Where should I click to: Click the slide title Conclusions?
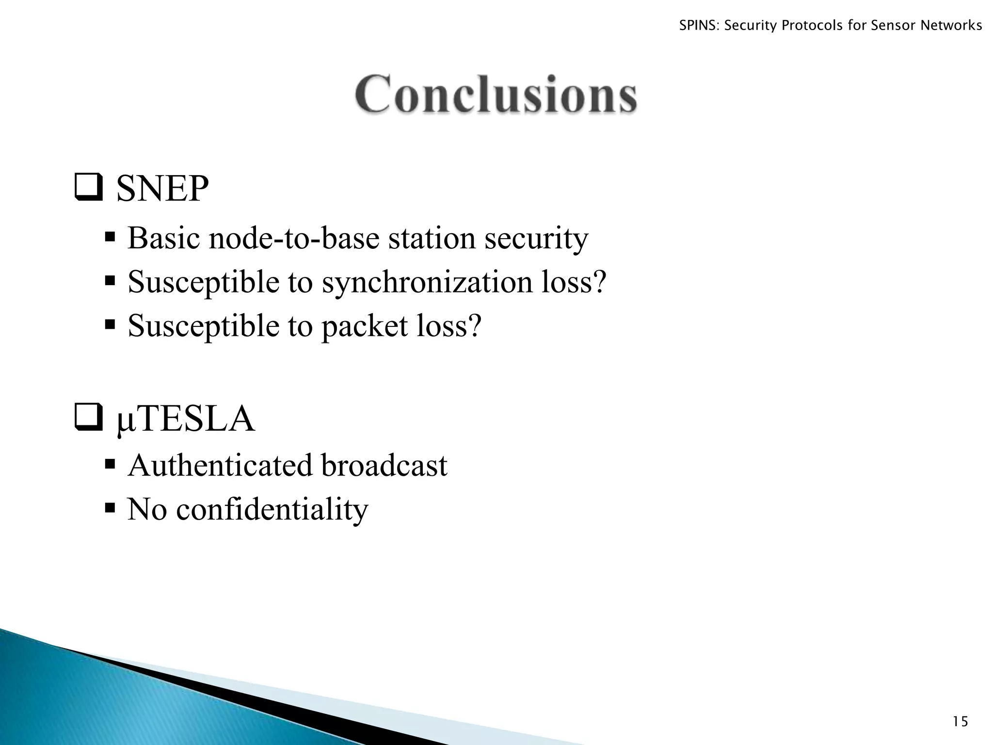pyautogui.click(x=496, y=94)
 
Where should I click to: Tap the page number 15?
pyautogui.click(x=960, y=722)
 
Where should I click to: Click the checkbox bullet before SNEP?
pyautogui.click(x=88, y=188)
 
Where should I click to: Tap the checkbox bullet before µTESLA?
pyautogui.click(x=88, y=419)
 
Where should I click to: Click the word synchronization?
pyautogui.click(x=427, y=282)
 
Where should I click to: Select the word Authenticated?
pyautogui.click(x=220, y=466)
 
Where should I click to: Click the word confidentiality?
pyautogui.click(x=272, y=509)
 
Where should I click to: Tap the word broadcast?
pyautogui.click(x=384, y=466)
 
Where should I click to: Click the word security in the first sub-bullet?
pyautogui.click(x=536, y=239)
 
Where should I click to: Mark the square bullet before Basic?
pyautogui.click(x=110, y=238)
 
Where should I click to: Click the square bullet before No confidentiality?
pyautogui.click(x=110, y=508)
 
